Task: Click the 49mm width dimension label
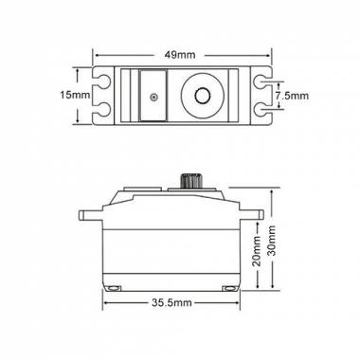tap(180, 55)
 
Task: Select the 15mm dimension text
tap(75, 95)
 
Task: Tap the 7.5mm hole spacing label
tap(292, 96)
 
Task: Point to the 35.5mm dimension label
tap(171, 303)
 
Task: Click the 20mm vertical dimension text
tap(258, 251)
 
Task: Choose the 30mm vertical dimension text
tap(272, 241)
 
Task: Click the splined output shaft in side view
tap(189, 181)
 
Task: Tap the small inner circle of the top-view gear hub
tap(203, 96)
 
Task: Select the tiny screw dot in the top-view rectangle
tap(153, 97)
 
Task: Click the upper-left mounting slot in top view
tap(102, 82)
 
